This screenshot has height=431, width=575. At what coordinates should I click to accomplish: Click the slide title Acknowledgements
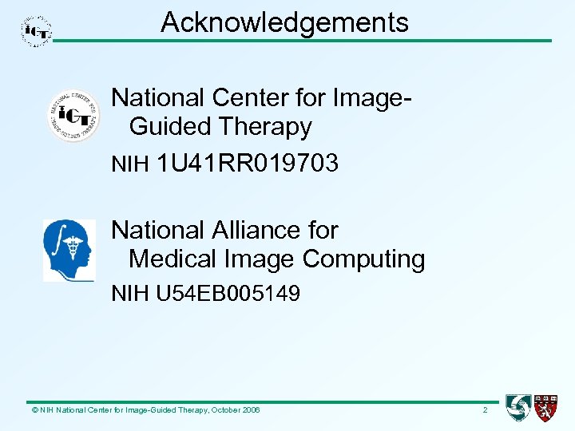[284, 22]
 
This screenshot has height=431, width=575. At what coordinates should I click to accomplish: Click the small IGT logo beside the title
[36, 31]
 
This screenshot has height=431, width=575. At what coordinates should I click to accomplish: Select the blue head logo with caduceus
[69, 251]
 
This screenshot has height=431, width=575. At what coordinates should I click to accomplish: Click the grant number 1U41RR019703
[248, 164]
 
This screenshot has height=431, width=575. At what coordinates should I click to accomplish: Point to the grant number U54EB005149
[228, 294]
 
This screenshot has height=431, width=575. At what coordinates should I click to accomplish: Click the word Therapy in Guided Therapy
[264, 126]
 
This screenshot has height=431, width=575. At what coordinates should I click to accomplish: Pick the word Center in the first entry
[247, 97]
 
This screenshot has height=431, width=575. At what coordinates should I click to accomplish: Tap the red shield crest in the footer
[546, 408]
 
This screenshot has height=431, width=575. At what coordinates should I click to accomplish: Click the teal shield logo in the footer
[518, 408]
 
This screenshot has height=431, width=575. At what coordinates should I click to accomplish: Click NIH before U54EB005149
[129, 294]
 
